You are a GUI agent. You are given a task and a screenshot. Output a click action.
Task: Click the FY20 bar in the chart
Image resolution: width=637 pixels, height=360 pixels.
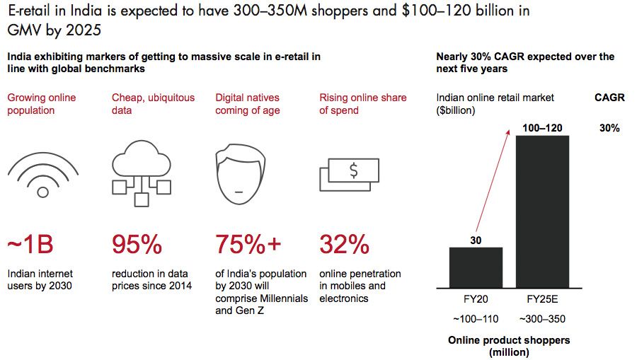(x=476, y=267)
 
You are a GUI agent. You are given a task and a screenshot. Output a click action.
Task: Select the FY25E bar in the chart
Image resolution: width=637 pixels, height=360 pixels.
(x=542, y=212)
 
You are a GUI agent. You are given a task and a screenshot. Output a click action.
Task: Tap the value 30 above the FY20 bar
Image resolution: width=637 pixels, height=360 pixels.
(x=476, y=240)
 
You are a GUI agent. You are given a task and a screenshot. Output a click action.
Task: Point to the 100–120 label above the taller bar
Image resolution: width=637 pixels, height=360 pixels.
(x=542, y=128)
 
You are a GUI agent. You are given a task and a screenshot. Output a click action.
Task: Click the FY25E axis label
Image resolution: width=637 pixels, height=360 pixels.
(x=542, y=299)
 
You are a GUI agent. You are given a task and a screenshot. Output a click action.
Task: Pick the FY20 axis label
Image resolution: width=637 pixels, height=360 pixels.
(x=476, y=299)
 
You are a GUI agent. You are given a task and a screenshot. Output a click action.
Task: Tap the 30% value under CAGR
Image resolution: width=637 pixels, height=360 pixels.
(x=609, y=128)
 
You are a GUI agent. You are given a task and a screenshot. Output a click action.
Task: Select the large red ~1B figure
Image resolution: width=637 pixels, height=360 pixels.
(x=30, y=244)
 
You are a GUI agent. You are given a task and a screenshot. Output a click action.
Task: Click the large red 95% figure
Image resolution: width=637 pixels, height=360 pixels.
(x=137, y=244)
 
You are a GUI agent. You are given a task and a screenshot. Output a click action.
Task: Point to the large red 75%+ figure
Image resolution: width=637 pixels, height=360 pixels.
(x=248, y=244)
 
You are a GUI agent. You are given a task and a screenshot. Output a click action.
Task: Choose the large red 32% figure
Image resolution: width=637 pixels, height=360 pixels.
(x=345, y=244)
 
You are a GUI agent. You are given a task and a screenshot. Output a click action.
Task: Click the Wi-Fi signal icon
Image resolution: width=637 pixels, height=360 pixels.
(x=42, y=175)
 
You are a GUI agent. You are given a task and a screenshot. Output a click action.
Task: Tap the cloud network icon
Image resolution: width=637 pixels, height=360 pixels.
(x=142, y=173)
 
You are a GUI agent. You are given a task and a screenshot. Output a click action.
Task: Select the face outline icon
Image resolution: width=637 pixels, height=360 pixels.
(x=241, y=174)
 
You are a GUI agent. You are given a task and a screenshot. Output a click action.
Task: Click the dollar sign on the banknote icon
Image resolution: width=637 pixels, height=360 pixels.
(x=354, y=170)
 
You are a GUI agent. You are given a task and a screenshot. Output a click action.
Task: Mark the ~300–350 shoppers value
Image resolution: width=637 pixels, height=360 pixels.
(x=542, y=318)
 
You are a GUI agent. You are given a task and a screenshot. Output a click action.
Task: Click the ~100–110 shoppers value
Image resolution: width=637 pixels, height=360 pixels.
(x=476, y=318)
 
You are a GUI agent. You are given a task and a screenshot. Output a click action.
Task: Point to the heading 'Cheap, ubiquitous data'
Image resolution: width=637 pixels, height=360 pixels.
(x=153, y=104)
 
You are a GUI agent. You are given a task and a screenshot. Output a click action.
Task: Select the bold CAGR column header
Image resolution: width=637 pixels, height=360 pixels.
(x=609, y=98)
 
